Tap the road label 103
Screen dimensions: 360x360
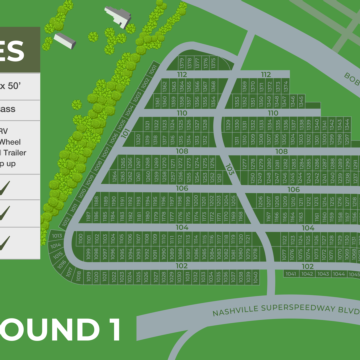pos(230,171)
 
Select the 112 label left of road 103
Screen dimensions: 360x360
pos(182,75)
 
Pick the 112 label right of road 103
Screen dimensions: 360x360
pos(266,75)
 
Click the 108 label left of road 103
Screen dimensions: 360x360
pos(182,151)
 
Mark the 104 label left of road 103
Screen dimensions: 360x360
pos(181,227)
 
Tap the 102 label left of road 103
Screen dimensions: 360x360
pos(181,265)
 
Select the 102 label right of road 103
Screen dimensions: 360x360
pos(309,266)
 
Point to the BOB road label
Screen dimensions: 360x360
pos(349,79)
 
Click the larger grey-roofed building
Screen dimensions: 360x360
pos(119,14)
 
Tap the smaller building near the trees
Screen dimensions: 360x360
pos(65,40)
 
